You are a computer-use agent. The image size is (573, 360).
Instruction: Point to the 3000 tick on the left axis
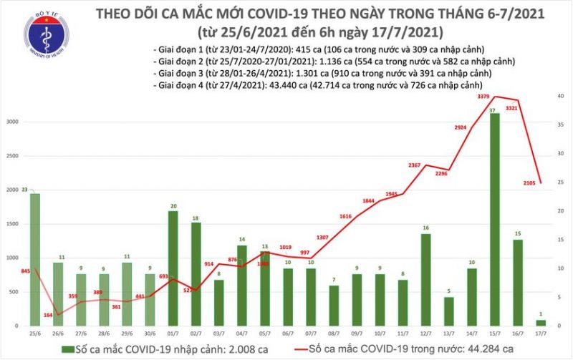pyautogui.click(x=11, y=122)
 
